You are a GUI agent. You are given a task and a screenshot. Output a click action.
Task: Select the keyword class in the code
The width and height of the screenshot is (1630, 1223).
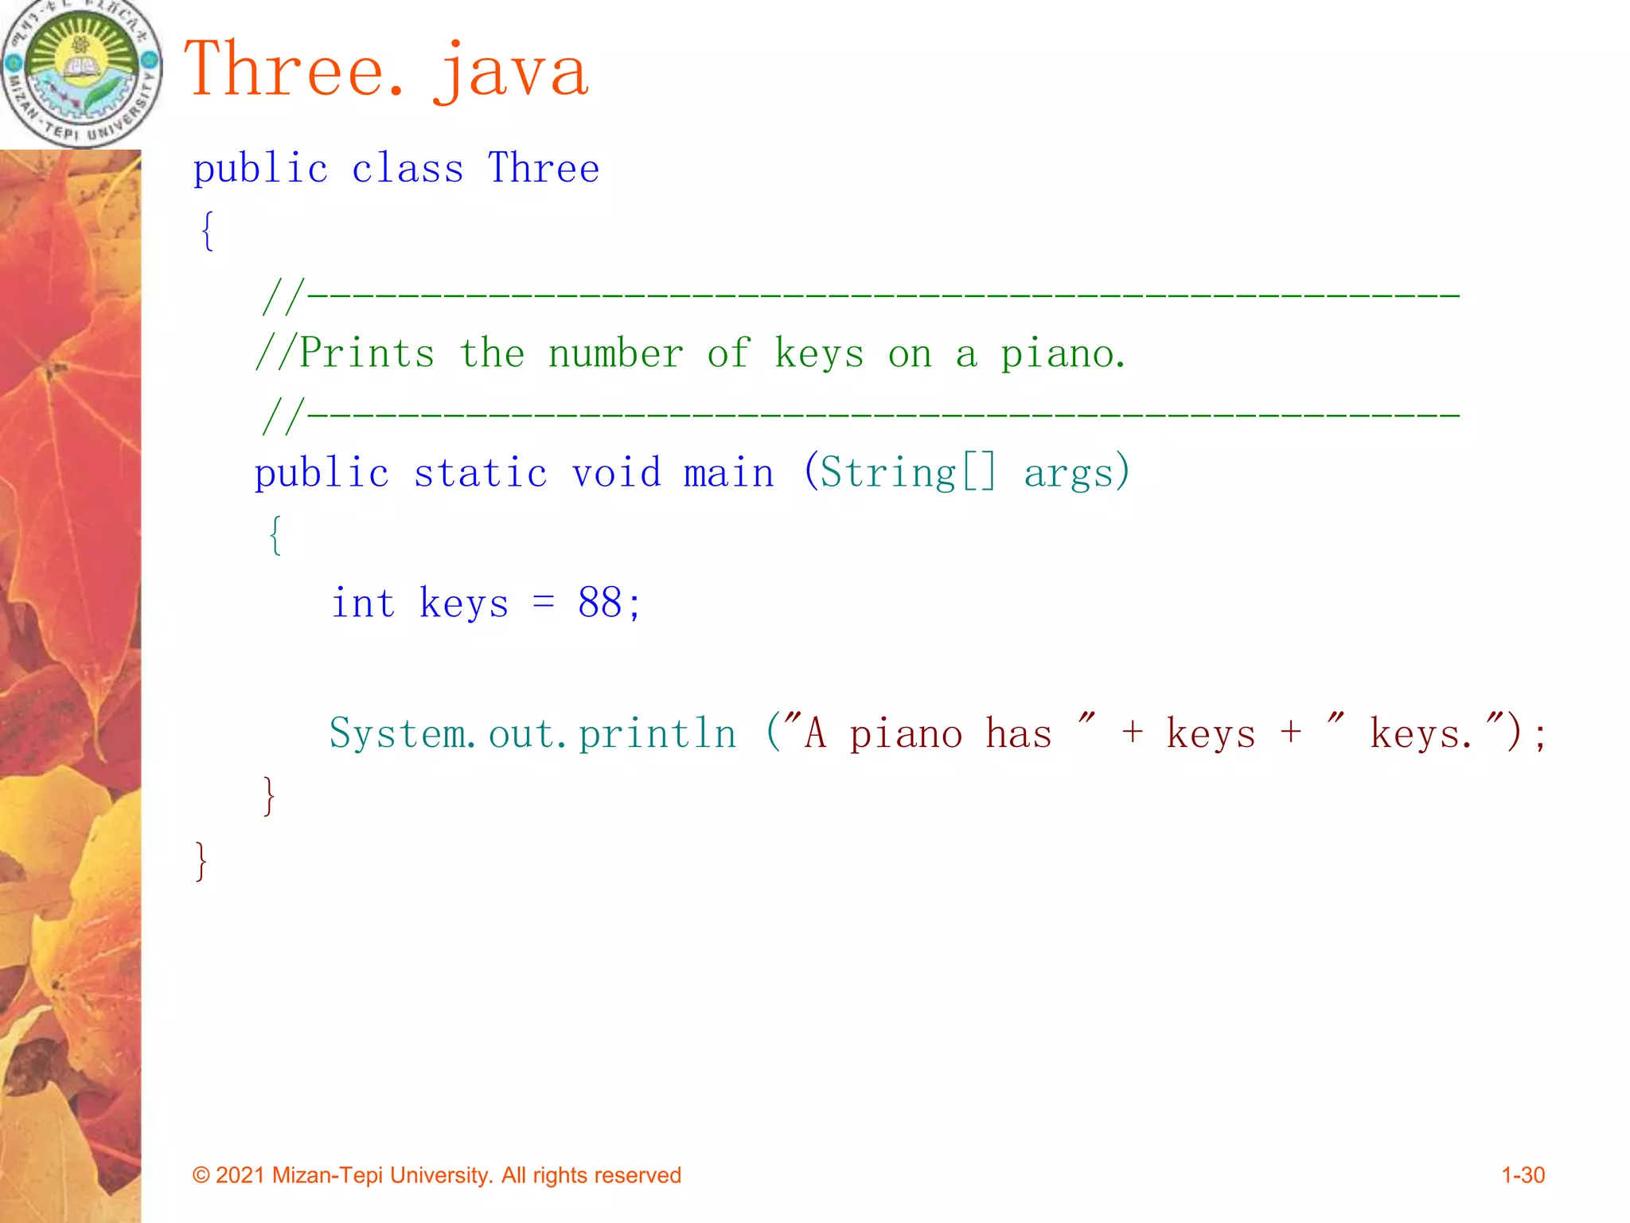pos(407,169)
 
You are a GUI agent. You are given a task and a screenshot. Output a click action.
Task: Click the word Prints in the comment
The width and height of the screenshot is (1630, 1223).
pos(367,354)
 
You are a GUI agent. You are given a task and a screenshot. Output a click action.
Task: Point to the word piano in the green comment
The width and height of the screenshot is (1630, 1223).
pos(1062,355)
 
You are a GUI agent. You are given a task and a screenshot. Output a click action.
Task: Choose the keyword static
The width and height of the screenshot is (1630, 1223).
pos(481,473)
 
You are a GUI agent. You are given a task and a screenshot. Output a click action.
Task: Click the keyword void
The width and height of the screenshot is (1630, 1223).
pos(616,473)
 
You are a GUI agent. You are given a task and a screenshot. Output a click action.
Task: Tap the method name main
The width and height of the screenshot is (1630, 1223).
pos(728,473)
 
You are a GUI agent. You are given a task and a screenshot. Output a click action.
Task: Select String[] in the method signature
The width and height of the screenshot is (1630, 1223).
pos(907,473)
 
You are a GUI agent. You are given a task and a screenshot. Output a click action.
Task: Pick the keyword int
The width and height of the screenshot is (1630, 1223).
pos(363,603)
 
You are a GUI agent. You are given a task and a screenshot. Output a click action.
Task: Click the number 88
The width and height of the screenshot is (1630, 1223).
pos(600,603)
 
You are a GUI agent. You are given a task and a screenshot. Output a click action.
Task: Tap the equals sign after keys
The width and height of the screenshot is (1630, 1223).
pos(544,603)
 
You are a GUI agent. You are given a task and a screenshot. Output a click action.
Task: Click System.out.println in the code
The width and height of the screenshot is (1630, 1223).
pos(532,733)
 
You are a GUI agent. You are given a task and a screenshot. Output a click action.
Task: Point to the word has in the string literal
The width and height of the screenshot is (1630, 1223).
pos(1018,733)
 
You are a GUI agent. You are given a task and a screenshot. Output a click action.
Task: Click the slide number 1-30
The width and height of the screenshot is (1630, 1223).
pos(1523,1175)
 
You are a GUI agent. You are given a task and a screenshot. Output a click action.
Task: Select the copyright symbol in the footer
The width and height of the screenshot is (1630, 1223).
pos(201,1176)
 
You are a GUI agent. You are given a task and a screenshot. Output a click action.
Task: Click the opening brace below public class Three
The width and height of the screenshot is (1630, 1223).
pos(207,231)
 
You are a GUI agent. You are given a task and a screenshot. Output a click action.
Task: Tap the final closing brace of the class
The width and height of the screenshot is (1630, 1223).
pos(201,862)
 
